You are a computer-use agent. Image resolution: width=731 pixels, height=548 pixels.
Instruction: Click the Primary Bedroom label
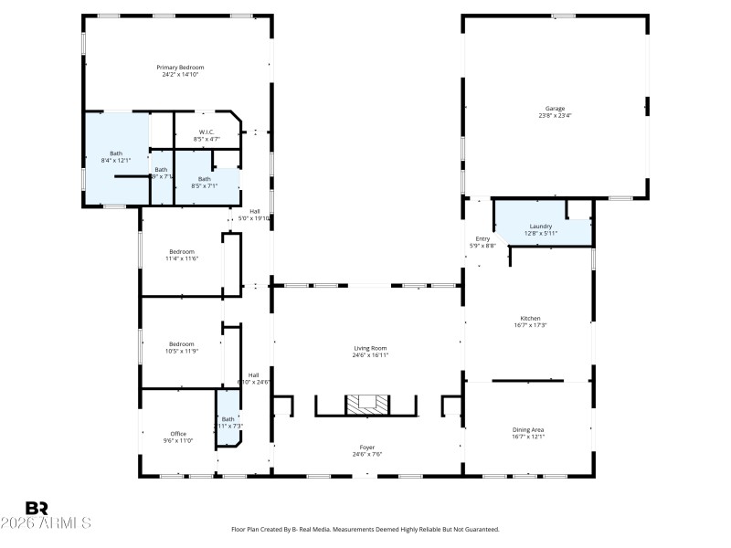point(179,68)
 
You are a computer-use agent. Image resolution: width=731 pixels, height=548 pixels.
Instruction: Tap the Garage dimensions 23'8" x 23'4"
point(555,116)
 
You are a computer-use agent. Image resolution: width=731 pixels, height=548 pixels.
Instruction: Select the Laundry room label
point(540,226)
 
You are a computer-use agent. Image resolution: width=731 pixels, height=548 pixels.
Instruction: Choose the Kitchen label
point(530,319)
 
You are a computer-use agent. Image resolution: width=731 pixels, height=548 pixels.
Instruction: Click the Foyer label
point(365,448)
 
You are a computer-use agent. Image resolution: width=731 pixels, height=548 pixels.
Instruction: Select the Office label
point(178,434)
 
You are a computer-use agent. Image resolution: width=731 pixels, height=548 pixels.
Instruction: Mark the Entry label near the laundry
point(482,239)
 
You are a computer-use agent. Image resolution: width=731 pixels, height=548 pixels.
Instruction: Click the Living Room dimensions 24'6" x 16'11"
point(371,355)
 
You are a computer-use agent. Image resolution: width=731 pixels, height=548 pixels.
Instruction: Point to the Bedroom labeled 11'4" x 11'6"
point(181,255)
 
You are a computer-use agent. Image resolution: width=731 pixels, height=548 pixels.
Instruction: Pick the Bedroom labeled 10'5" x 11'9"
point(181,347)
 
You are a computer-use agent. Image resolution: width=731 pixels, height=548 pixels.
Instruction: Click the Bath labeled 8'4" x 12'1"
point(116,156)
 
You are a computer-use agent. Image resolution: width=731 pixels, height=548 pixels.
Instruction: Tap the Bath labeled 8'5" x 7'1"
point(204,182)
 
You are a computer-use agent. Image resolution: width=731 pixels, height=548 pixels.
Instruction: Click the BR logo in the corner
point(37,508)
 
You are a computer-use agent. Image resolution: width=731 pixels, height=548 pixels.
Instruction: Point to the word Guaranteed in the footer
point(481,530)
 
